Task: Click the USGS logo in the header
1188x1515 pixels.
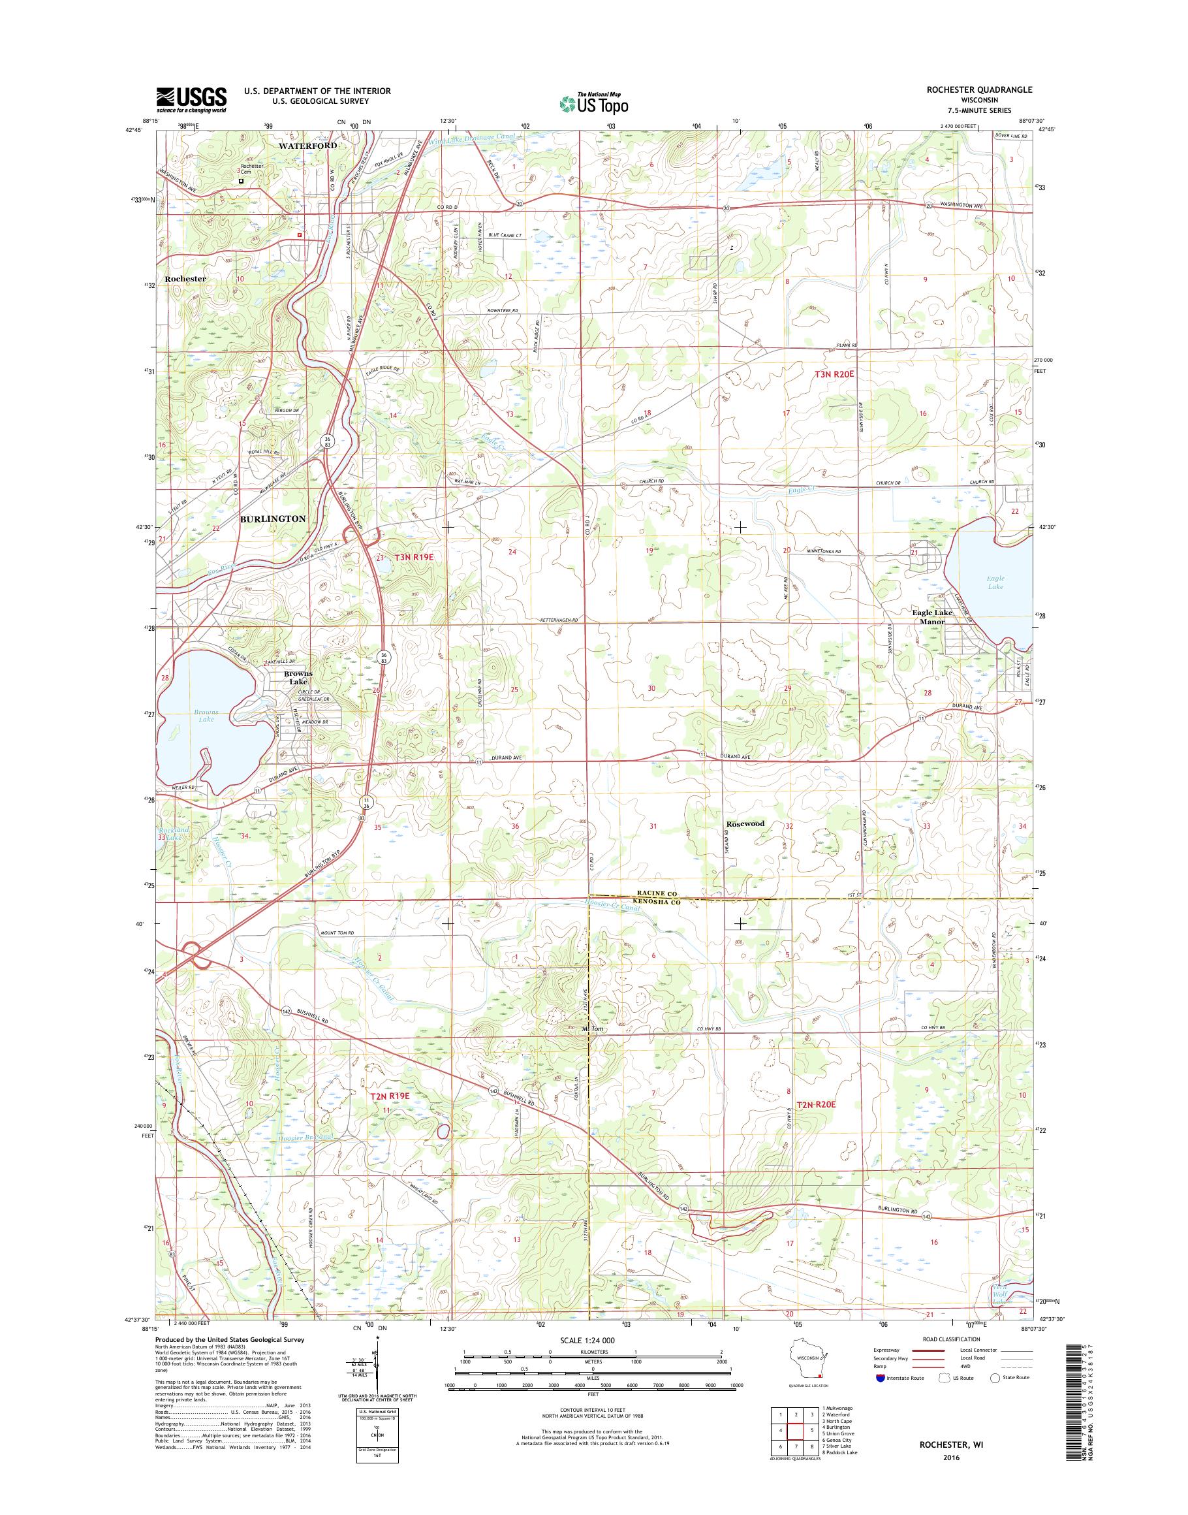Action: (x=191, y=100)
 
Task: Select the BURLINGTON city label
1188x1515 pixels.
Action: (x=273, y=519)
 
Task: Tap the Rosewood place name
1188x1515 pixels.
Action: (x=745, y=823)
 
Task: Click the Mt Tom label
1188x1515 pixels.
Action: (x=589, y=1029)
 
